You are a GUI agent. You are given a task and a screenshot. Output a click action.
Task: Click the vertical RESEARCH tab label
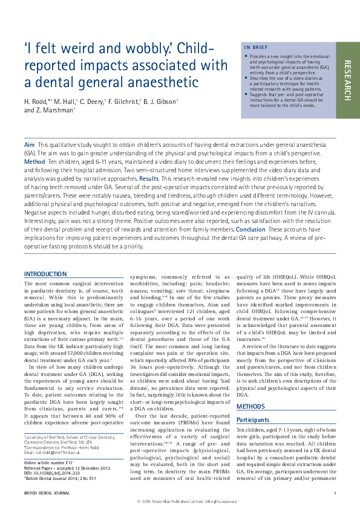(347, 80)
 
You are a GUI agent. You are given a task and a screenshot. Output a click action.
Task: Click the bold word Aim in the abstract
(29, 146)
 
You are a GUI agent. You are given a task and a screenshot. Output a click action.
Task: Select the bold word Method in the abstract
(34, 163)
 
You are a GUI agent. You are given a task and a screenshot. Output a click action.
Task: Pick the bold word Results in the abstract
(149, 180)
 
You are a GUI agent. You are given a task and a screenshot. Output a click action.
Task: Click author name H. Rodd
(38, 100)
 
